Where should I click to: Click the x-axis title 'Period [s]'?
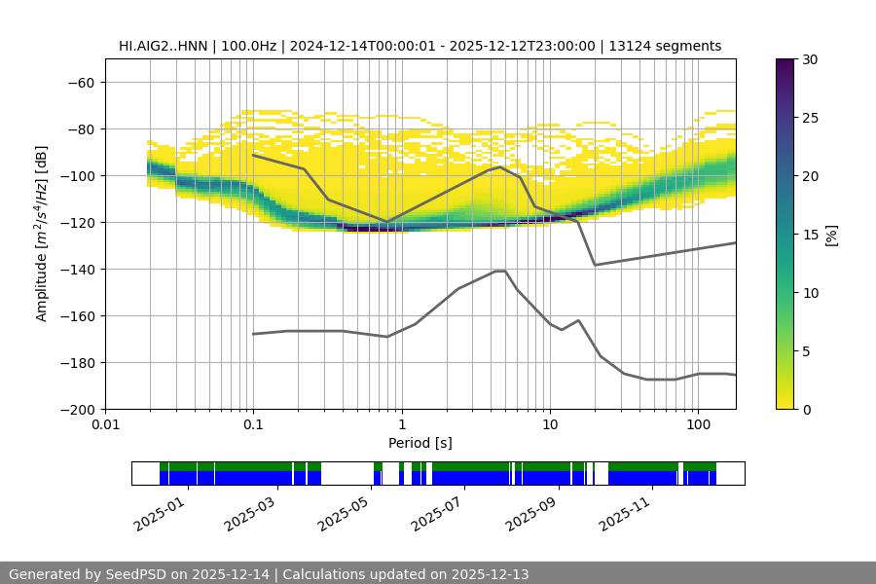[x=420, y=444]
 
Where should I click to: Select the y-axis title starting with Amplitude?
[x=42, y=234]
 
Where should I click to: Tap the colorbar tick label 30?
[x=809, y=60]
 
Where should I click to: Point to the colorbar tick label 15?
[x=809, y=235]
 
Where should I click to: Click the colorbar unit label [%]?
[x=830, y=235]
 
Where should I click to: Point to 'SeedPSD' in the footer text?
[x=137, y=574]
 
